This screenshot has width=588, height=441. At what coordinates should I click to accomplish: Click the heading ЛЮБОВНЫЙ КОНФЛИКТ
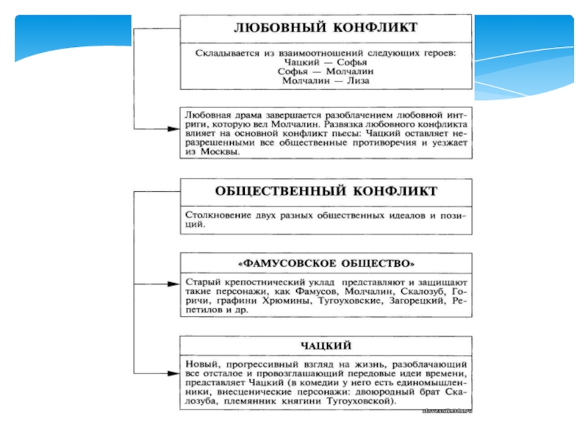click(326, 28)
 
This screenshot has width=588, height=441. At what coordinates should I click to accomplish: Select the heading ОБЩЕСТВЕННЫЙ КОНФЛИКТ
click(326, 191)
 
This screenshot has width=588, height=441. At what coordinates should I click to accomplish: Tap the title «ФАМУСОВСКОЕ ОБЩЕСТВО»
click(326, 263)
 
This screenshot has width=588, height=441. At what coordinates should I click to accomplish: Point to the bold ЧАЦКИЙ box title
click(326, 345)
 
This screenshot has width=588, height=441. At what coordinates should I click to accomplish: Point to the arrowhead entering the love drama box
click(173, 128)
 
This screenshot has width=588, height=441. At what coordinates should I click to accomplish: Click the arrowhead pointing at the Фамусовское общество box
click(173, 283)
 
